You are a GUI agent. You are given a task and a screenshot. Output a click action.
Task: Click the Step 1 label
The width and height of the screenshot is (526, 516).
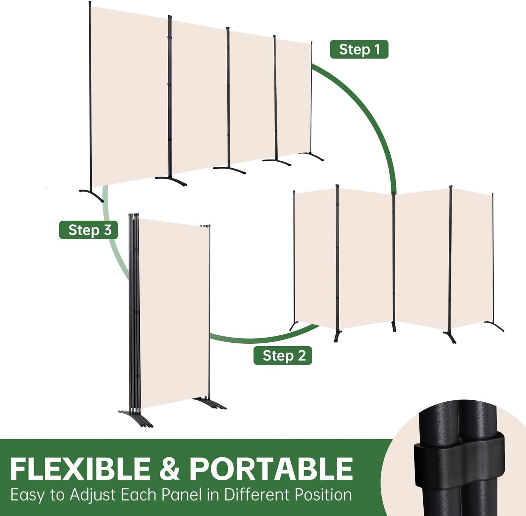(x=359, y=49)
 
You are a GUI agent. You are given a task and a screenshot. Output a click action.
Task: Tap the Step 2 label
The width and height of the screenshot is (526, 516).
(x=282, y=355)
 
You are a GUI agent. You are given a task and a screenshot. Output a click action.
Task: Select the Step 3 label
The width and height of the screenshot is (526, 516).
(x=88, y=230)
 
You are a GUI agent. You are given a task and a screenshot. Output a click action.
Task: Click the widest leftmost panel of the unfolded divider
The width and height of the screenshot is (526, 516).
(x=130, y=96)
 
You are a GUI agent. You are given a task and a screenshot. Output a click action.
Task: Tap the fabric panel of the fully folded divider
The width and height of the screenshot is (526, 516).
(x=175, y=314)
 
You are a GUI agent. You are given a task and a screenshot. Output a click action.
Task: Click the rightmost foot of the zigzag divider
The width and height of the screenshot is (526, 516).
(x=494, y=326)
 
